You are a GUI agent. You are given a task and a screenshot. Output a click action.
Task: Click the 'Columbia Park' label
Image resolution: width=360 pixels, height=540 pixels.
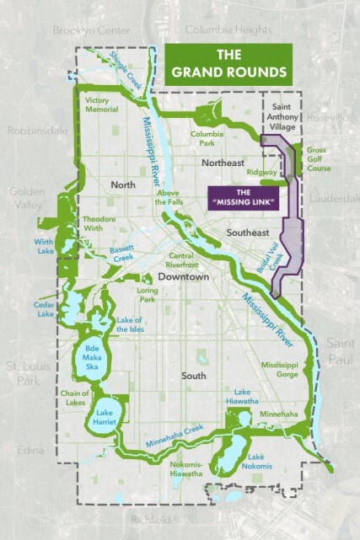207,138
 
